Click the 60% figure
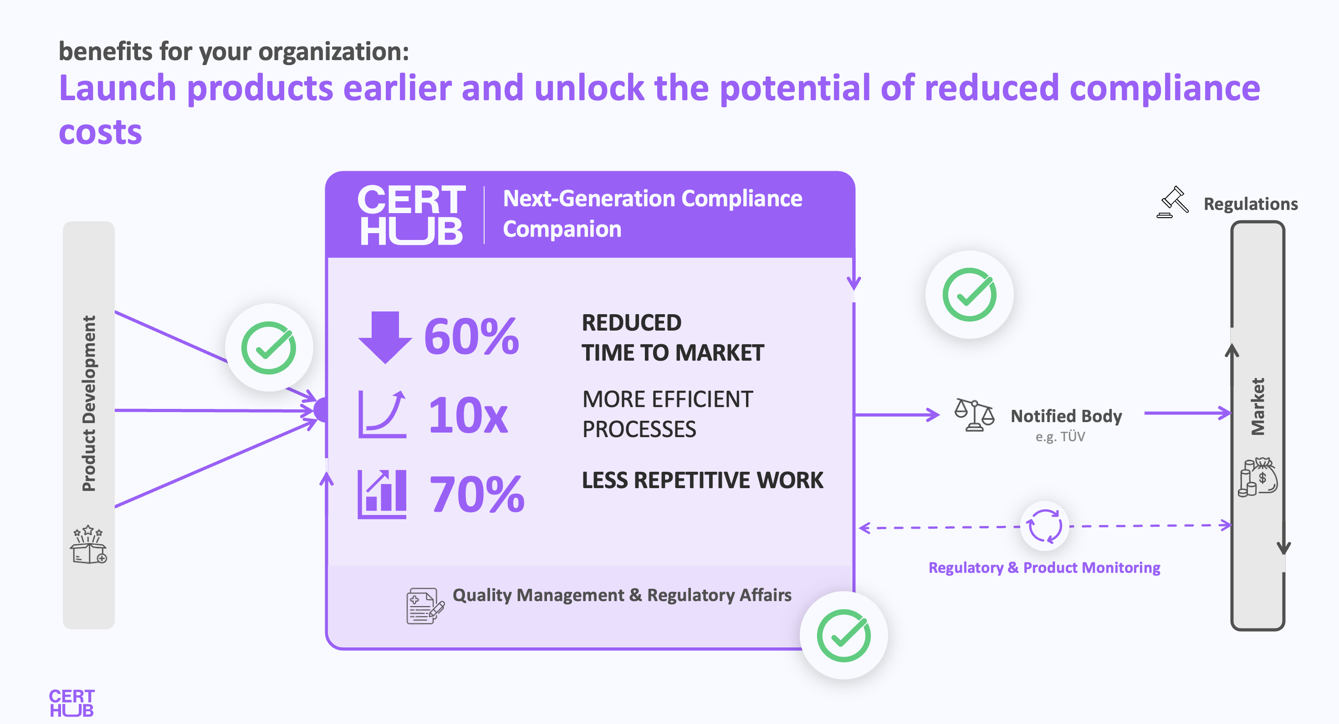click(471, 337)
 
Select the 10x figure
click(468, 415)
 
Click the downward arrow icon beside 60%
click(385, 337)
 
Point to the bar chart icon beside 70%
click(382, 494)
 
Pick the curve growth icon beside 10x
click(382, 414)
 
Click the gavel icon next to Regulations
click(1173, 202)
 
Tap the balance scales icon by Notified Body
click(974, 415)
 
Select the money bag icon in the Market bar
click(1257, 477)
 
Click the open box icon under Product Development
click(88, 544)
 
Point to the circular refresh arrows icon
click(1044, 526)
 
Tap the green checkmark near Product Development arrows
click(269, 348)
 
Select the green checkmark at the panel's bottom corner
click(843, 635)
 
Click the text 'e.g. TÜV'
click(1060, 437)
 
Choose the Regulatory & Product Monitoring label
click(1044, 567)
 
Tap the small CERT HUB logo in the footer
click(72, 703)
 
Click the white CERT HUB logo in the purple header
click(411, 214)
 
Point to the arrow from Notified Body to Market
click(1188, 413)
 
